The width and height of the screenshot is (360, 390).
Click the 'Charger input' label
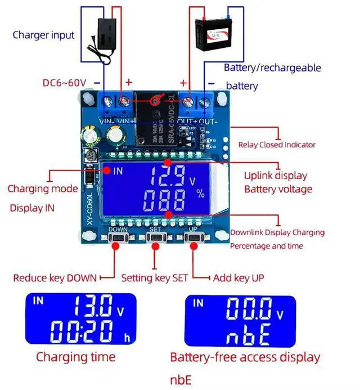click(x=43, y=35)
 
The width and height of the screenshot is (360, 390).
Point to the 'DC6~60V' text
click(x=64, y=83)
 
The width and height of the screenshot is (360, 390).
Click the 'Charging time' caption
click(x=75, y=357)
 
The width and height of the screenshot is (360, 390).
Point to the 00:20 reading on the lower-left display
click(x=85, y=333)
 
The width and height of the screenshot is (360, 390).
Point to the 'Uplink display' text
click(x=276, y=175)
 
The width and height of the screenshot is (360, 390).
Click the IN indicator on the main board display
click(x=118, y=171)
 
